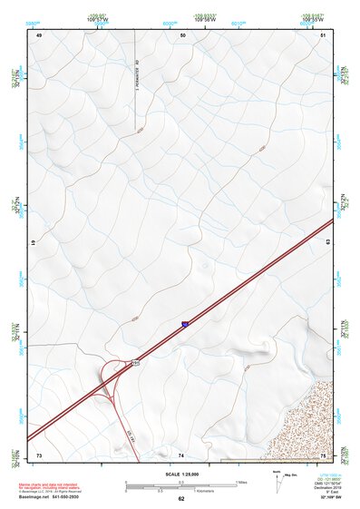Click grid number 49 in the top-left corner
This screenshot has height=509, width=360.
click(40, 34)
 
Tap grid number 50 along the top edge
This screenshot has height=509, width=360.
click(183, 34)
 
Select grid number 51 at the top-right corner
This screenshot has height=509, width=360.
click(323, 34)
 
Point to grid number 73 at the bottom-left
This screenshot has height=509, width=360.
click(39, 454)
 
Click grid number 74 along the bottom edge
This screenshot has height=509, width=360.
click(181, 454)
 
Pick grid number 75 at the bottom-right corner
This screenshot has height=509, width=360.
click(324, 454)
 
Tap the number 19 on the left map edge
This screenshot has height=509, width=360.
click(33, 244)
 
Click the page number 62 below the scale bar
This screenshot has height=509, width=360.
click(181, 498)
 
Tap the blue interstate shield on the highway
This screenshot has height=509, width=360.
click(185, 322)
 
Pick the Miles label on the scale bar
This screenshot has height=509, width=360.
click(241, 481)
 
